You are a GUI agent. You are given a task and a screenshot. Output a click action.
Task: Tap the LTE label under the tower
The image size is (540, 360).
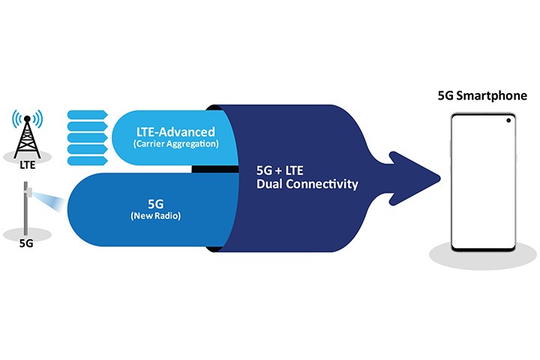(28, 165)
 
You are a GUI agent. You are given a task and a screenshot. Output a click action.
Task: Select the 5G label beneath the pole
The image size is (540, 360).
(26, 243)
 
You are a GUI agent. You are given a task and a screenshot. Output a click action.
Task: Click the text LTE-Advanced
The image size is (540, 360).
(175, 132)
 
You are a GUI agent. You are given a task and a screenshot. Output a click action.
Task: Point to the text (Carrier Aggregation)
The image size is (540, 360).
(175, 144)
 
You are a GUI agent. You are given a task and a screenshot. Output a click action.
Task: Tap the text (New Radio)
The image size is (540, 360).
(156, 216)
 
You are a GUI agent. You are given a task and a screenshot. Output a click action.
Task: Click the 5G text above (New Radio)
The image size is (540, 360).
(156, 204)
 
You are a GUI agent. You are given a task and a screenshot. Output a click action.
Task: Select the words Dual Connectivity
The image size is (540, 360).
(307, 184)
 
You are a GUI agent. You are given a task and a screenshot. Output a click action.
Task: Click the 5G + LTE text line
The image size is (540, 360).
(280, 170)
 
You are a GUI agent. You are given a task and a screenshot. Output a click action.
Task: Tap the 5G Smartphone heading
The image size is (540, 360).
(482, 95)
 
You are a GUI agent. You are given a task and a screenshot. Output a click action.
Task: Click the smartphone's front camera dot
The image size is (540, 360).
(508, 121)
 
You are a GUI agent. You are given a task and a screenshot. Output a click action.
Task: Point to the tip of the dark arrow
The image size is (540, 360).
(440, 178)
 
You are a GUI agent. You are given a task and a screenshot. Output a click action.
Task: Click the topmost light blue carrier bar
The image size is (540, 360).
(88, 114)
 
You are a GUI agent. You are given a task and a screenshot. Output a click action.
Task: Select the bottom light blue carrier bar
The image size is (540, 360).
(88, 160)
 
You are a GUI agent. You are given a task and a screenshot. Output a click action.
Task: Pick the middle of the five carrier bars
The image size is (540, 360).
(88, 137)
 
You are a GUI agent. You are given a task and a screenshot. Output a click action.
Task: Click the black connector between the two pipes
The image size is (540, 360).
(215, 169)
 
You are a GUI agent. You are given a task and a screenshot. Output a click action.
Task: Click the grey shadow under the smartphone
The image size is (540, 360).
(483, 256)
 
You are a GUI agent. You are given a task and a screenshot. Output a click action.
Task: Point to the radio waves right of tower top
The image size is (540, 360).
(38, 118)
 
